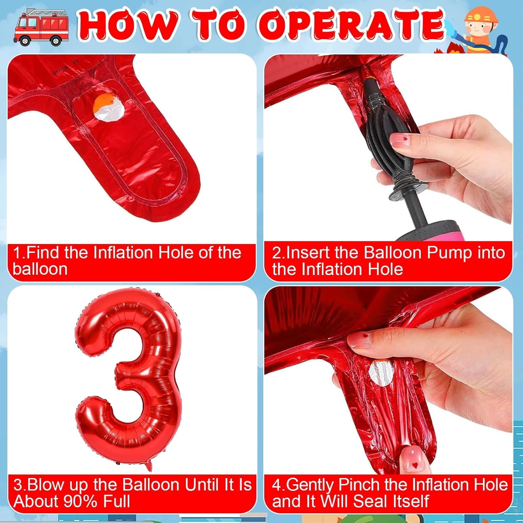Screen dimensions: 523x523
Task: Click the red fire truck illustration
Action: pyautogui.click(x=41, y=28)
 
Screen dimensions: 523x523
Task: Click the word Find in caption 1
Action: pyautogui.click(x=44, y=252)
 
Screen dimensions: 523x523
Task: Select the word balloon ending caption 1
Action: pyautogui.click(x=40, y=269)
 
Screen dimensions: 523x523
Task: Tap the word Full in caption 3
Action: pyautogui.click(x=117, y=501)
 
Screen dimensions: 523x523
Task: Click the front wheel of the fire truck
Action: pyautogui.click(x=24, y=41)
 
